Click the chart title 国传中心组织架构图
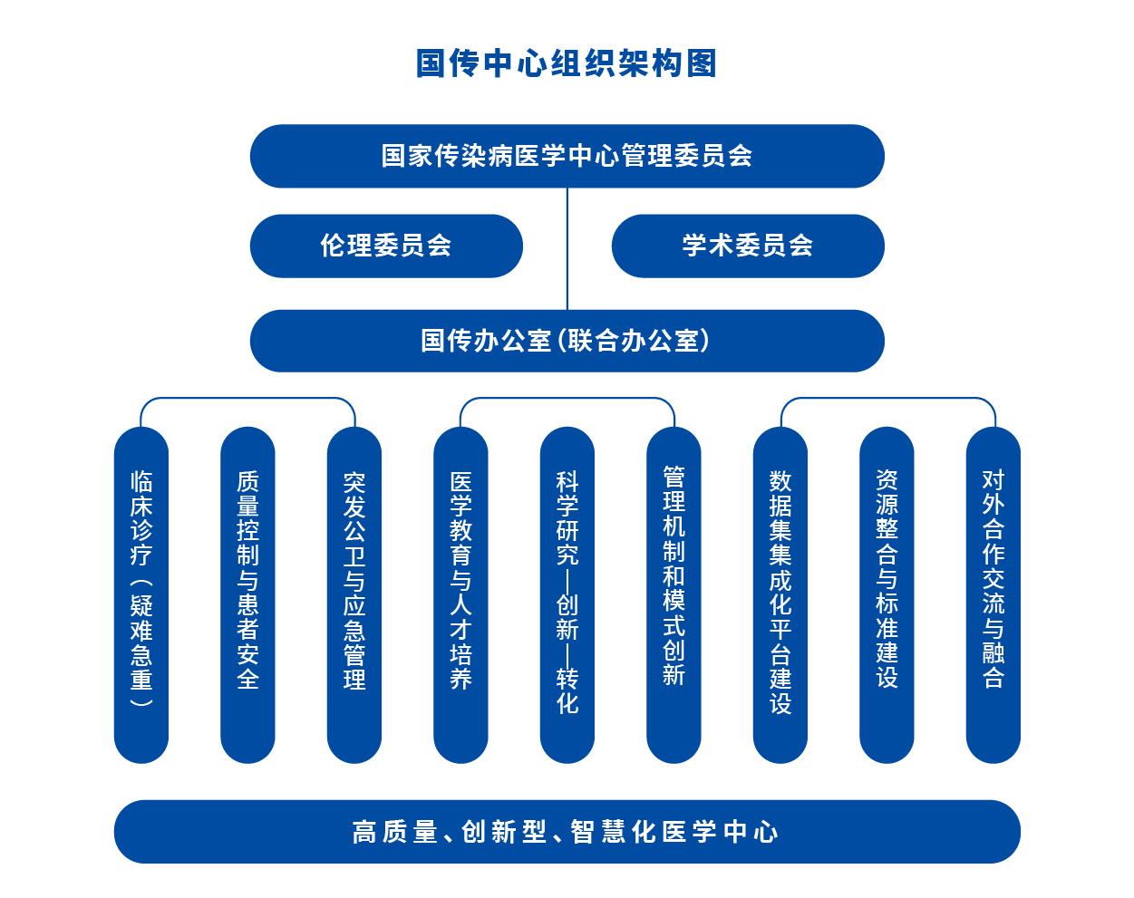point(567,63)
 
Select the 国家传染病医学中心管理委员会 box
point(567,156)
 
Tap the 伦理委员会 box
point(386,246)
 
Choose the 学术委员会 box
point(748,246)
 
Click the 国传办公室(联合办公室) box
point(567,341)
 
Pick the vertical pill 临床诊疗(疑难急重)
point(141,595)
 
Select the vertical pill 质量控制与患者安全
point(247,595)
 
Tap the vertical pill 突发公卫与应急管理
point(354,595)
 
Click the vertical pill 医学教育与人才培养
point(460,595)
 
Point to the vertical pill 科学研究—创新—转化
point(567,595)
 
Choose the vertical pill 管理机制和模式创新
point(674,595)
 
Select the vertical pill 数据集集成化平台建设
point(780,595)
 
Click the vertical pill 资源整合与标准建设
point(887,595)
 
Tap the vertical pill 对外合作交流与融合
point(993,595)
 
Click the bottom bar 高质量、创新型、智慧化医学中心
point(567,832)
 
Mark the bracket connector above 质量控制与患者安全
point(247,398)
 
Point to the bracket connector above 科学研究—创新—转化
point(567,398)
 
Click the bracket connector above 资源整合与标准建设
point(888,398)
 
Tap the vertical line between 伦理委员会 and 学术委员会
point(567,248)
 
